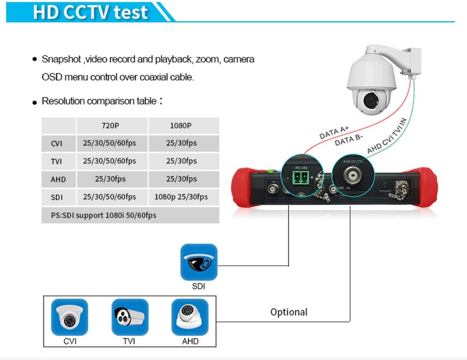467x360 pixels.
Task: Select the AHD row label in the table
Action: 58,179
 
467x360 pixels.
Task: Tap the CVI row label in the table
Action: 57,143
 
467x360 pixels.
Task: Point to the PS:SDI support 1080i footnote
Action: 104,215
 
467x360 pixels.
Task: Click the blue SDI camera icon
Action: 199,262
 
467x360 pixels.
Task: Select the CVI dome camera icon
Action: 70,317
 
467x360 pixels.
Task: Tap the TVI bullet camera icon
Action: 130,317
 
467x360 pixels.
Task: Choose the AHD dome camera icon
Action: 190,317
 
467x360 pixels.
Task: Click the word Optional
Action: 289,312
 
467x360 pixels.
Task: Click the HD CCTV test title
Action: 90,13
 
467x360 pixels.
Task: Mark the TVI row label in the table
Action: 57,162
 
